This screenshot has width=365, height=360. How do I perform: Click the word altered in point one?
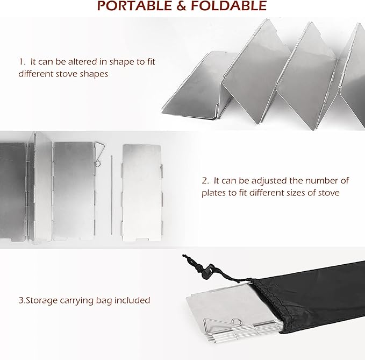pyautogui.click(x=81, y=61)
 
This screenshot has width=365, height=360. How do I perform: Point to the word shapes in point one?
pyautogui.click(x=94, y=74)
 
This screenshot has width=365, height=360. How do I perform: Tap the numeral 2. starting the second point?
pyautogui.click(x=205, y=180)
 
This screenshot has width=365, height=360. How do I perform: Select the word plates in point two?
pyautogui.click(x=214, y=193)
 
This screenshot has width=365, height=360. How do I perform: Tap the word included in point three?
pyautogui.click(x=132, y=300)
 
